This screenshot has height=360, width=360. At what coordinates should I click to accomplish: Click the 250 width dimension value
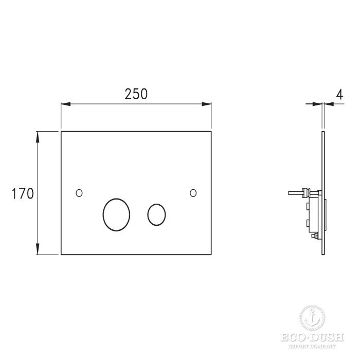[136, 94]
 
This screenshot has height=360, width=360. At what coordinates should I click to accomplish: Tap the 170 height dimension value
[23, 193]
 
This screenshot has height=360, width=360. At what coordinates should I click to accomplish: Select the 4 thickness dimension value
[340, 94]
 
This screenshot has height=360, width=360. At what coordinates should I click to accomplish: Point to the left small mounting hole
[79, 193]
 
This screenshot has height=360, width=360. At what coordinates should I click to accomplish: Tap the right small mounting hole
[193, 193]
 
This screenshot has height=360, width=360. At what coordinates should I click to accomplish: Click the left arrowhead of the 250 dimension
[66, 104]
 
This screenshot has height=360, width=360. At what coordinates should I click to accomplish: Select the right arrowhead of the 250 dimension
[206, 104]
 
